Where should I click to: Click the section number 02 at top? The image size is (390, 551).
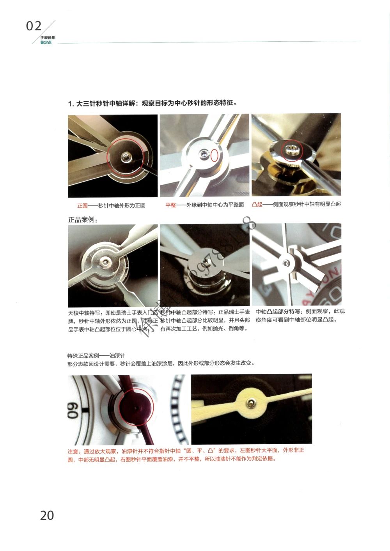coord(34,26)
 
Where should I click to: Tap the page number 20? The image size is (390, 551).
coord(47,515)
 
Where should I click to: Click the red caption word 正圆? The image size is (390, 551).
coord(82,205)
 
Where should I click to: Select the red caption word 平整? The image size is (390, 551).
coord(170,205)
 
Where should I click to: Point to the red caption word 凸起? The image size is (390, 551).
coord(257,204)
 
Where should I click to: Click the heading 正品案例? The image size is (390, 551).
coord(82,220)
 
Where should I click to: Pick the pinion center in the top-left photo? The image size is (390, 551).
coord(126,157)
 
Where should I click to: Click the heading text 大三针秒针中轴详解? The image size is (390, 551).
coord(105,103)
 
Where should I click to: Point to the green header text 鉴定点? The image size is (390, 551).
coord(46,42)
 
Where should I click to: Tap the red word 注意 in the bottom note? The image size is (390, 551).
coord(73,451)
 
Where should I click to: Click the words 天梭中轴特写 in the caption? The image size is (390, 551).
coord(84,313)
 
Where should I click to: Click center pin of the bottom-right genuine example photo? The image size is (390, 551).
coord(287,263)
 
